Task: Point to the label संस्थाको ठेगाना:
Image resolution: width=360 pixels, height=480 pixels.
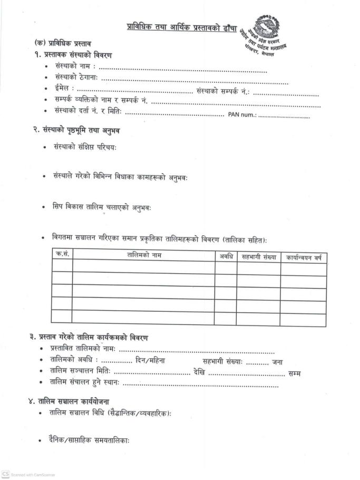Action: pos(77,78)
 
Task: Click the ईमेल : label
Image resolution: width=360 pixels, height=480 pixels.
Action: pos(64,89)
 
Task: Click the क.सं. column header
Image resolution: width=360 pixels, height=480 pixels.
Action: pos(62,254)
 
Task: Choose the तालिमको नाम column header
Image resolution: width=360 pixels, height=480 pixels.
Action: pos(144,256)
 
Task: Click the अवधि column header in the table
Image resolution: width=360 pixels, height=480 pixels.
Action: pos(225,257)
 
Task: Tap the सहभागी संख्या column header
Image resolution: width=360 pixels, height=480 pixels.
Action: pos(258,257)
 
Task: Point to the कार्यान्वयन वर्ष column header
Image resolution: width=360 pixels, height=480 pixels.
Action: pos(304,258)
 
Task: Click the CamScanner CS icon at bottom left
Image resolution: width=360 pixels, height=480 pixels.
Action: pos(6,474)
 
